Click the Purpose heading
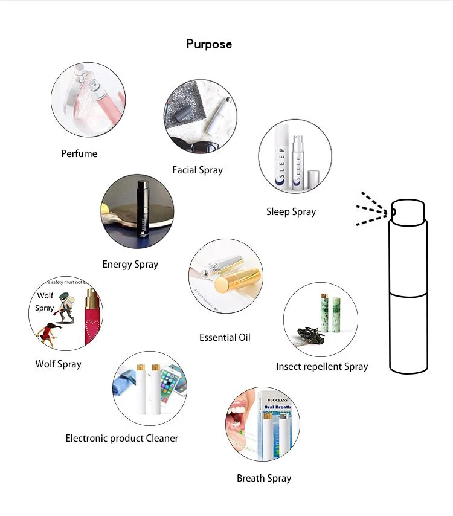208,44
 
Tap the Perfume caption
79,153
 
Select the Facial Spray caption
198,170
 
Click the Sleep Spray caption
291,211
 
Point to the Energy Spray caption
130,264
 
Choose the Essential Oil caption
225,337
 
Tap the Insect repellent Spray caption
322,366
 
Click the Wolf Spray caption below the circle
58,364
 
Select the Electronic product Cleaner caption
122,438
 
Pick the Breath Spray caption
264,478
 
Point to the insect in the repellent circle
307,335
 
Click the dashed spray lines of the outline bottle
370,210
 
